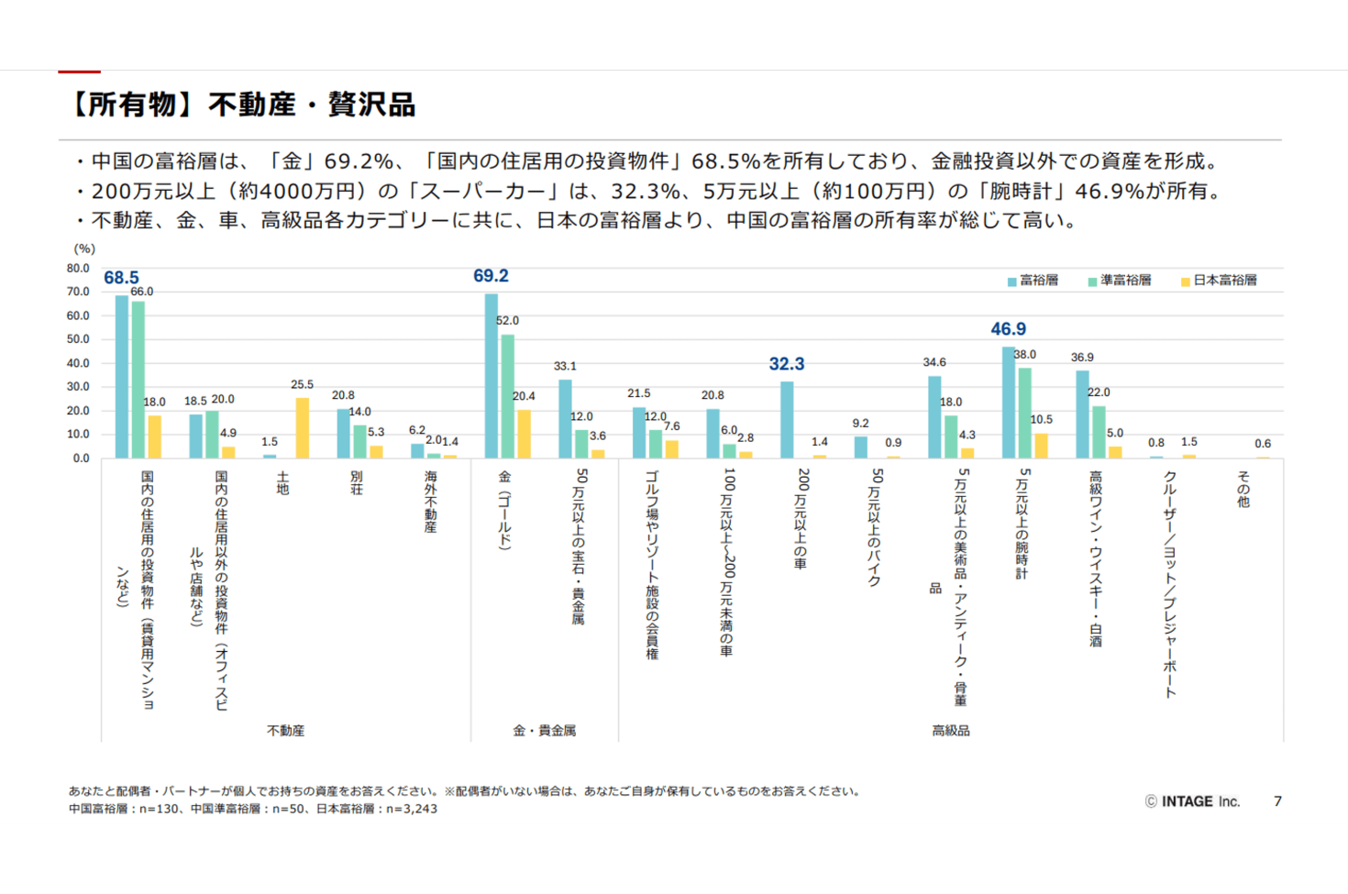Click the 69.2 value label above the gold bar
tap(491, 276)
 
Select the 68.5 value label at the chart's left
tap(121, 278)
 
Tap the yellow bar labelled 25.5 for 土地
tap(302, 427)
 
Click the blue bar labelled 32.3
tap(787, 419)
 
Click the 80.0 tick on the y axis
tap(78, 269)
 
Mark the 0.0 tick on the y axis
tap(81, 458)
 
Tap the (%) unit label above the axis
tap(84, 248)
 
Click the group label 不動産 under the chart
tap(285, 731)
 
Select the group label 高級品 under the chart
tap(950, 731)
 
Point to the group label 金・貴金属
tap(544, 731)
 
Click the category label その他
tap(1243, 488)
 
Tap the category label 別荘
tap(357, 482)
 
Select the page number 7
tap(1277, 801)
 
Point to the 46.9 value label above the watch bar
tap(1008, 329)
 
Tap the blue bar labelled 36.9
tap(1082, 414)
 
